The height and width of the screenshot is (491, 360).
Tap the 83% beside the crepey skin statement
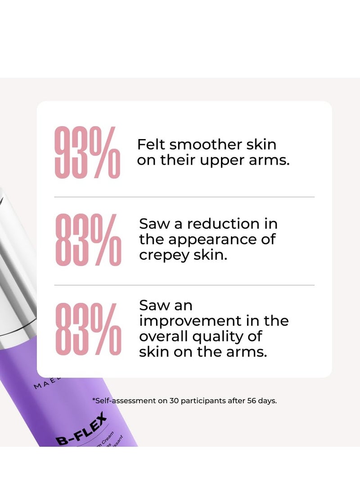coord(88,239)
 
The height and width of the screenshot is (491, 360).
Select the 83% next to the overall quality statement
coord(88,328)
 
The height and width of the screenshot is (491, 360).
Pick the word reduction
coord(222,224)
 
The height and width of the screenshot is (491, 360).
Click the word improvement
coord(190,321)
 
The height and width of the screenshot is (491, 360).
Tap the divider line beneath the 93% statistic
coord(184,197)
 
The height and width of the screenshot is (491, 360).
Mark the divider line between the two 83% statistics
coord(184,285)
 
